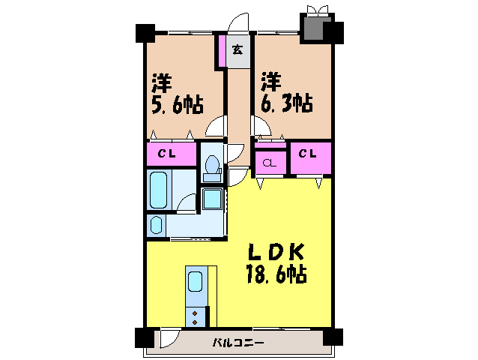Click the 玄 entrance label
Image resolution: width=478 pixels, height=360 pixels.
click(x=238, y=49)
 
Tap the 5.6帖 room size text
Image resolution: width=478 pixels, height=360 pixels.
click(x=178, y=105)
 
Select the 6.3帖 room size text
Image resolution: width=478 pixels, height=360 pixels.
click(x=286, y=103)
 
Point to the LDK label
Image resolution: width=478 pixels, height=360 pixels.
click(x=276, y=252)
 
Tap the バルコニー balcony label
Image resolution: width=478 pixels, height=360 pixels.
click(x=238, y=343)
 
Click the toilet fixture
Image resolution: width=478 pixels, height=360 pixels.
click(x=212, y=169)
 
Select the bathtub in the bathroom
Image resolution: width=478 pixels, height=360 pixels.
click(x=159, y=190)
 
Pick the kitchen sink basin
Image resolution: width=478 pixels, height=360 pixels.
click(x=195, y=282)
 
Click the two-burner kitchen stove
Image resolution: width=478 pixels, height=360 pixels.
click(x=195, y=317)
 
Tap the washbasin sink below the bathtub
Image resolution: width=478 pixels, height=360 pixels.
click(x=157, y=225)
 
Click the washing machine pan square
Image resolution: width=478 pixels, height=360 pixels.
click(x=212, y=199)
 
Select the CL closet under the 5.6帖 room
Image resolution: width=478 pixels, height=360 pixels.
click(x=172, y=154)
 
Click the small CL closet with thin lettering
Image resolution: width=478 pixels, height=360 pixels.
click(x=270, y=163)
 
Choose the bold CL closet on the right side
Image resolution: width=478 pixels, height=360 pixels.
click(x=311, y=158)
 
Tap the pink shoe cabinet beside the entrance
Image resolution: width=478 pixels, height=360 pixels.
click(x=223, y=52)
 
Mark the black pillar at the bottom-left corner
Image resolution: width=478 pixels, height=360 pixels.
click(x=145, y=338)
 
